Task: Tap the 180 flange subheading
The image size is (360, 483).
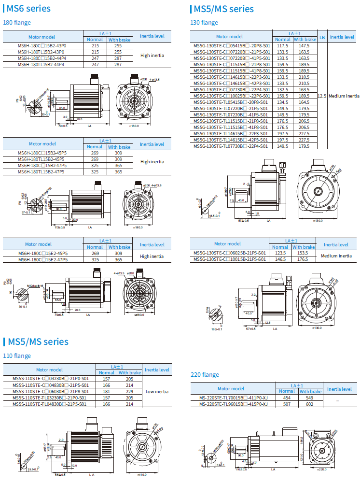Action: (x=17, y=22)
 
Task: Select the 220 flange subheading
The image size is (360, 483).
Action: (x=205, y=374)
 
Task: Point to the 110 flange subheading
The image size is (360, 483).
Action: (x=17, y=355)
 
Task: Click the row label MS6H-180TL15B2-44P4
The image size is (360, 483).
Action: (x=42, y=64)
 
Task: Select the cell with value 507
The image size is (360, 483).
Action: (x=287, y=404)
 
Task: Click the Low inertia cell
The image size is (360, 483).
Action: (x=157, y=392)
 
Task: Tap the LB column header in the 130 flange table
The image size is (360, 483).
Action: (x=322, y=36)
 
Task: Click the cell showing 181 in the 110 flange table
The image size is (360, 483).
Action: (x=107, y=392)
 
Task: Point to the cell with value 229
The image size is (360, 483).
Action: (x=130, y=392)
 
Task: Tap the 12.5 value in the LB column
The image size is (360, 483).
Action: (x=322, y=96)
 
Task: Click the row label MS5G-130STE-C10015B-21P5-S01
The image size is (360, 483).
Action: (x=230, y=259)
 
